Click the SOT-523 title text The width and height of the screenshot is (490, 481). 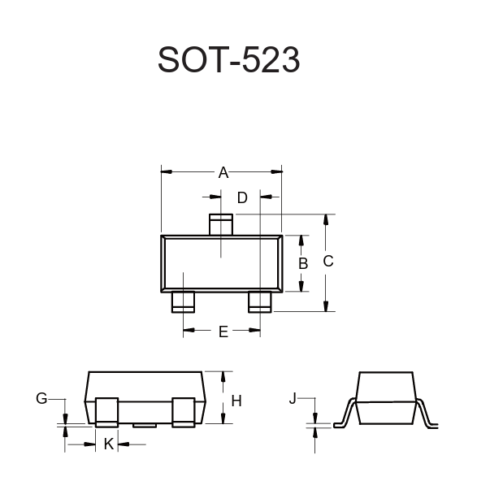coord(229,59)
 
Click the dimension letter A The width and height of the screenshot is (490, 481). coord(223,172)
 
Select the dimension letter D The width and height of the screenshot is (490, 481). coord(242,197)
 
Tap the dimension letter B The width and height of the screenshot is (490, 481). coord(303,263)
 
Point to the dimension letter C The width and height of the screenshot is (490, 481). coord(328,262)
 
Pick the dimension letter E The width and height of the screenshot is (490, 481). coord(223,331)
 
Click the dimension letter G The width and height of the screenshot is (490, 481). coord(41,398)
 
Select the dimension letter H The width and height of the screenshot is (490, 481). coord(236,401)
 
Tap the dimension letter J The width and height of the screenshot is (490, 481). coord(293,399)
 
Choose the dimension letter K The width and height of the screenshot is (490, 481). coord(109,444)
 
